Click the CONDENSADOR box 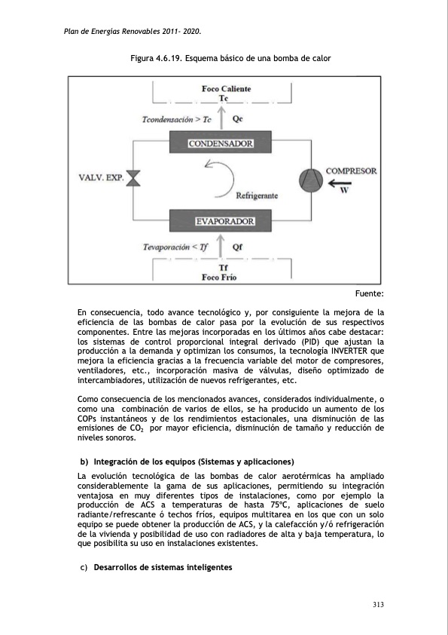pyautogui.click(x=220, y=143)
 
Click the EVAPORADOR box pyautogui.click(x=224, y=222)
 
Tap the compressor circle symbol pyautogui.click(x=309, y=179)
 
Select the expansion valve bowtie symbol pyautogui.click(x=135, y=179)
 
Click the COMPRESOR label pyautogui.click(x=351, y=171)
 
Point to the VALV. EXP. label pyautogui.click(x=100, y=179)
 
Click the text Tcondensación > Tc pyautogui.click(x=176, y=119)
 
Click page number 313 pyautogui.click(x=378, y=605)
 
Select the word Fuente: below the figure pyautogui.click(x=369, y=293)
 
